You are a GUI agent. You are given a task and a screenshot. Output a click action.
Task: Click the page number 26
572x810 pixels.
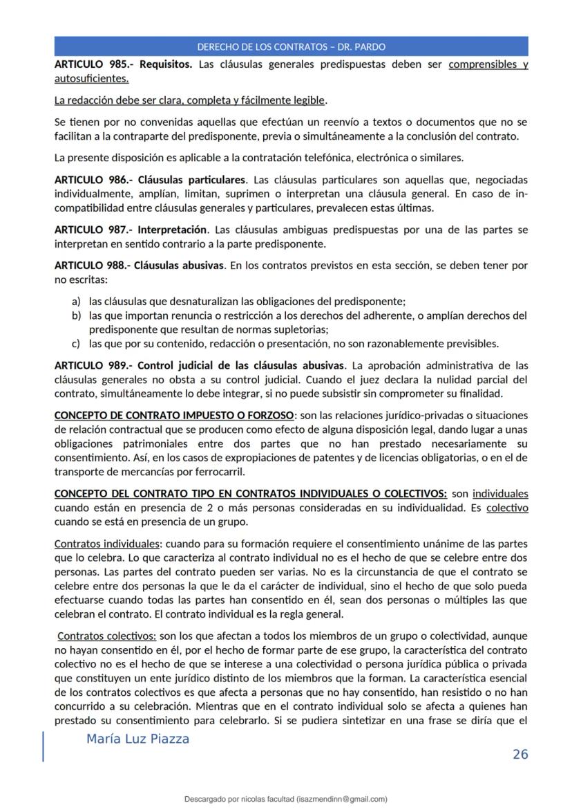click(x=520, y=754)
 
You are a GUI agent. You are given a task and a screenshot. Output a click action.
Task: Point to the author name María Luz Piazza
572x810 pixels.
click(x=137, y=739)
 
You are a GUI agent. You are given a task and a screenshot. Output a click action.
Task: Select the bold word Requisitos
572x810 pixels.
click(x=166, y=65)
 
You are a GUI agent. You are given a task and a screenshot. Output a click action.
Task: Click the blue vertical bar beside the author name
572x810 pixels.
click(x=44, y=746)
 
